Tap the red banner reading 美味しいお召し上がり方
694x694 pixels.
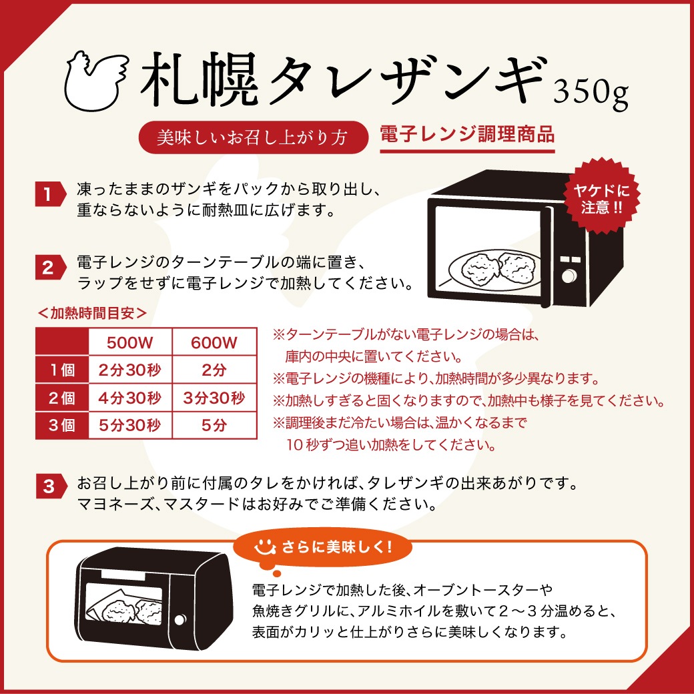coord(253,137)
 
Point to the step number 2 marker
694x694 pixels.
coord(49,269)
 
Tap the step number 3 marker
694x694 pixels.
coord(49,487)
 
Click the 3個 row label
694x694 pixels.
coord(63,425)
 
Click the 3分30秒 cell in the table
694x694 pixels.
coord(214,398)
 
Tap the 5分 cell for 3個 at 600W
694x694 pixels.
coord(214,425)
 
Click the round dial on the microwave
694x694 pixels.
coord(569,276)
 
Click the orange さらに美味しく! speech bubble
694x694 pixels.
coord(324,548)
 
